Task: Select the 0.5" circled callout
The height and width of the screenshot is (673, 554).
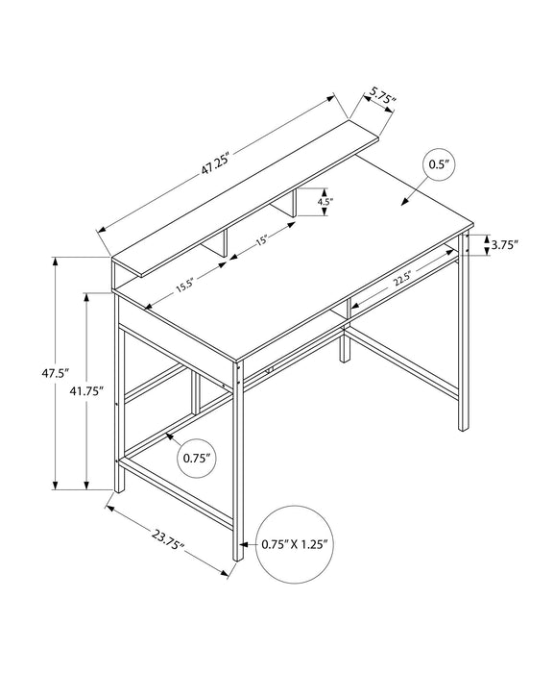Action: click(439, 165)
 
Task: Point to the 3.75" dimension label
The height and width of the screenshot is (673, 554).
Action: click(502, 244)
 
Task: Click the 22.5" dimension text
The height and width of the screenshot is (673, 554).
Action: click(402, 280)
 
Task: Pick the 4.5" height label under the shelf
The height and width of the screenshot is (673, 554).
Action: click(325, 203)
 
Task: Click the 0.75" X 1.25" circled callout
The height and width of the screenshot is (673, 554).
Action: click(294, 543)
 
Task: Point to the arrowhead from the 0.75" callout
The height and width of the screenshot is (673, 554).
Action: click(168, 436)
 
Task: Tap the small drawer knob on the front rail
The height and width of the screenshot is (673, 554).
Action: click(271, 367)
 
